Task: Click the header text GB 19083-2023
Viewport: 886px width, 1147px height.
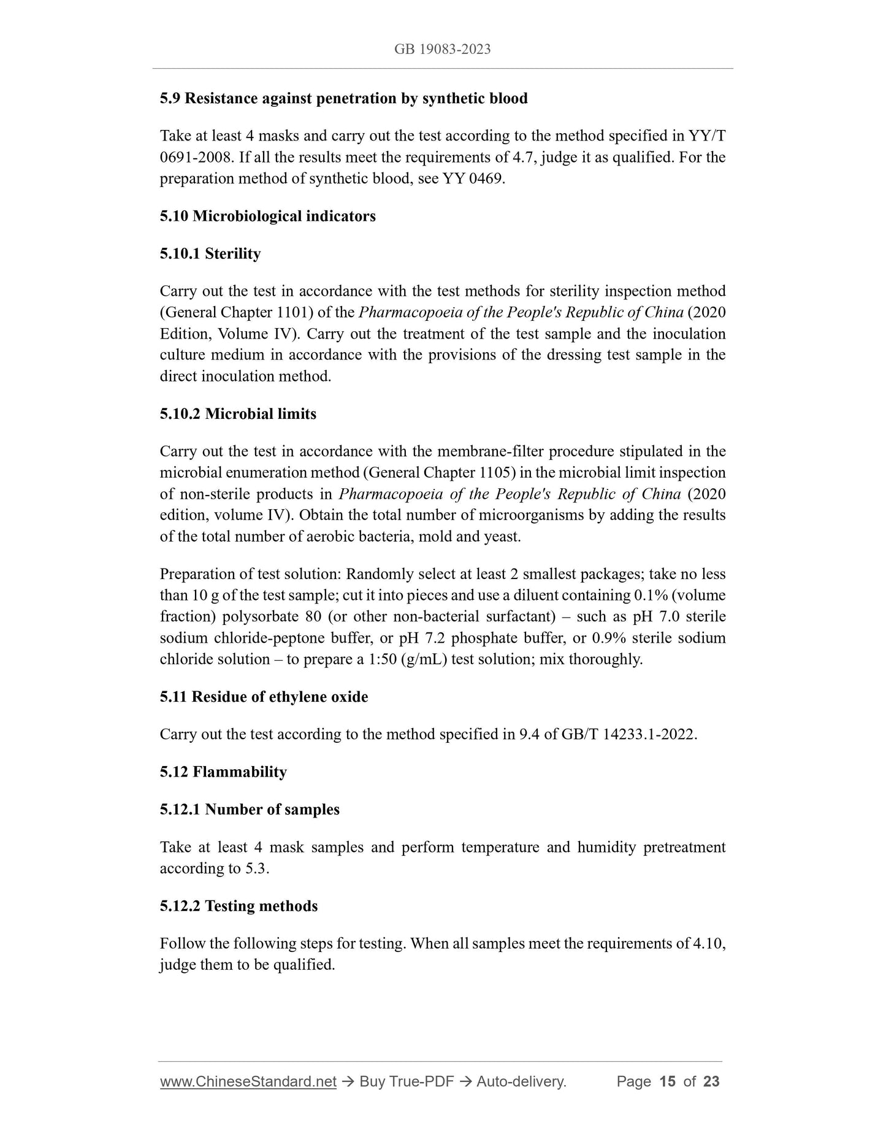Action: [442, 50]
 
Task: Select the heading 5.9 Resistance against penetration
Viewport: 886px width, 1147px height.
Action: [343, 98]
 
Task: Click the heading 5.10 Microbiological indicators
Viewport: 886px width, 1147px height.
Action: [267, 216]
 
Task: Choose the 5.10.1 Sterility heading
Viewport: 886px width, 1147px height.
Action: [210, 253]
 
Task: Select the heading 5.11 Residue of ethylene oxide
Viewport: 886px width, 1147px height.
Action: [264, 697]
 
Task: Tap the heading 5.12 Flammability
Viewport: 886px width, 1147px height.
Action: [223, 772]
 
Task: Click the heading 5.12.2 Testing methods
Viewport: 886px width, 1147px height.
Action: [239, 906]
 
